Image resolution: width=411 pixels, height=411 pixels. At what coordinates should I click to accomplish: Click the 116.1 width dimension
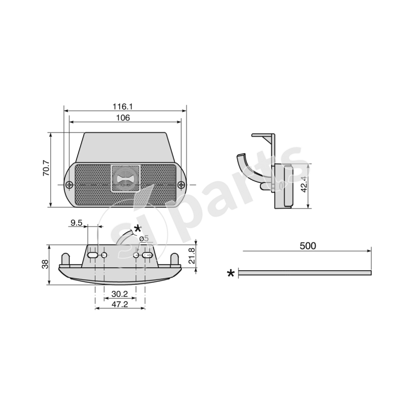click(x=123, y=106)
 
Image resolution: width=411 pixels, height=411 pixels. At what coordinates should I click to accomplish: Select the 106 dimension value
click(x=123, y=118)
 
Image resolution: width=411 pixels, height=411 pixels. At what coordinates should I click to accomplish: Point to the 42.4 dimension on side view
click(x=304, y=184)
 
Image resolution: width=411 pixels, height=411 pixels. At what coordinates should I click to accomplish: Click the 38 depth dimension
click(x=45, y=264)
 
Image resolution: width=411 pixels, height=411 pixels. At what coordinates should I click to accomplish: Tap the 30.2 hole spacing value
click(x=120, y=294)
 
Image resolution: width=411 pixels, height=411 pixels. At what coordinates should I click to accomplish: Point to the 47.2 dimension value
click(x=120, y=304)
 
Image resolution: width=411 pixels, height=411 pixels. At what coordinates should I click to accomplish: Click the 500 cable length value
click(x=307, y=246)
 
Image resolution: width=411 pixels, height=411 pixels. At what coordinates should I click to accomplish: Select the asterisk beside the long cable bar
click(x=231, y=273)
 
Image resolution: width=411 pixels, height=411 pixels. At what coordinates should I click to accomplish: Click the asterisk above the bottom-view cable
click(x=137, y=229)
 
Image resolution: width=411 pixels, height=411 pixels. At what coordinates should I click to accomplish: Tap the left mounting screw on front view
click(x=69, y=184)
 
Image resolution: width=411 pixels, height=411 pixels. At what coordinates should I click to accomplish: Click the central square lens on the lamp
click(x=125, y=178)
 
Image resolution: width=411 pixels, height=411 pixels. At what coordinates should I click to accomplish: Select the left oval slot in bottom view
click(x=92, y=255)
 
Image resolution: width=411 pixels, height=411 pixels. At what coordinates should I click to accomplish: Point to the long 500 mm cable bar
click(x=305, y=273)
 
